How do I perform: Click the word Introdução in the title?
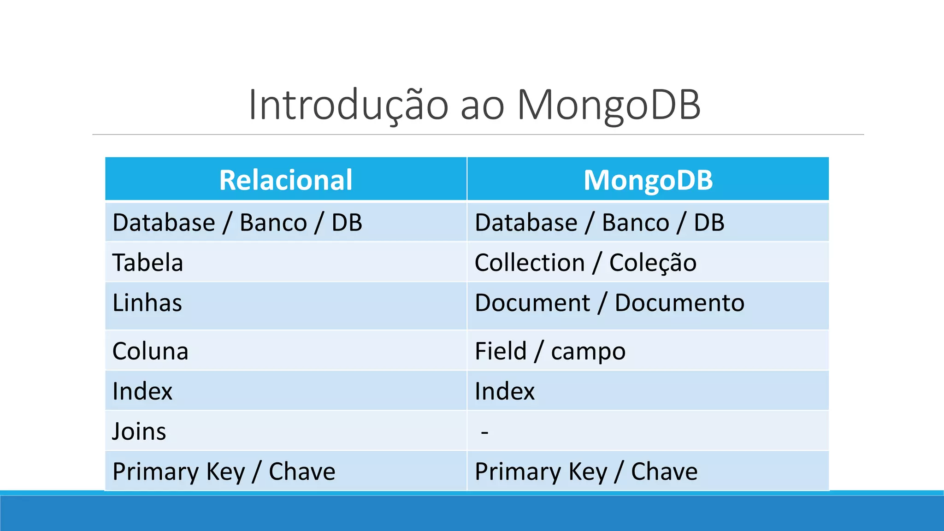[x=348, y=105]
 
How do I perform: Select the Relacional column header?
[x=286, y=180]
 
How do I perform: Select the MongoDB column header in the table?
[x=648, y=180]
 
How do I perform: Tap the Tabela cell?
[x=148, y=263]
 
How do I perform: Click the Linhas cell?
[x=147, y=303]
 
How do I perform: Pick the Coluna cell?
[x=150, y=351]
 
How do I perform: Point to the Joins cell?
[x=139, y=431]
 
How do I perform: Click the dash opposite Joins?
[x=484, y=432]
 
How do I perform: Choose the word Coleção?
[x=653, y=263]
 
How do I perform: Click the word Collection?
[x=530, y=263]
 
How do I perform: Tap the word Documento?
[x=679, y=303]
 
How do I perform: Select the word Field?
[x=501, y=351]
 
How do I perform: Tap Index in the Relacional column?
[x=142, y=391]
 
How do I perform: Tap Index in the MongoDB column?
[x=505, y=391]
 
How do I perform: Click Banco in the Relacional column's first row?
[x=273, y=223]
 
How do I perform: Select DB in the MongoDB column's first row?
[x=709, y=223]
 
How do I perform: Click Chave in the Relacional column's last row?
[x=302, y=472]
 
